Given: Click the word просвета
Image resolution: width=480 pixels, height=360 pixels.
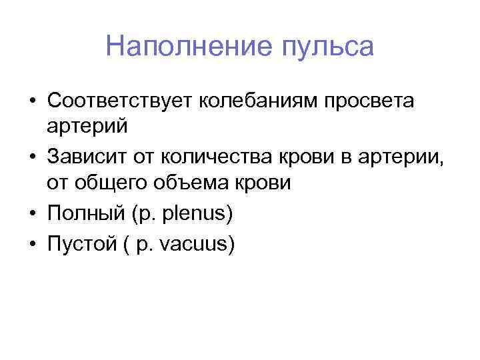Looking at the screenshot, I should (371, 102).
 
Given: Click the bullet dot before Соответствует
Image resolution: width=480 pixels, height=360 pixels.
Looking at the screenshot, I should (32, 101).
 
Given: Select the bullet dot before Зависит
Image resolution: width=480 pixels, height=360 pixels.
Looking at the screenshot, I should (32, 158).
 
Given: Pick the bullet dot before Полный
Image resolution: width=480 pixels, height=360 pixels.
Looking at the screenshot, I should (32, 215).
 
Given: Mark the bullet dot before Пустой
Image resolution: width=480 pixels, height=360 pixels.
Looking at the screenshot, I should (32, 245).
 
